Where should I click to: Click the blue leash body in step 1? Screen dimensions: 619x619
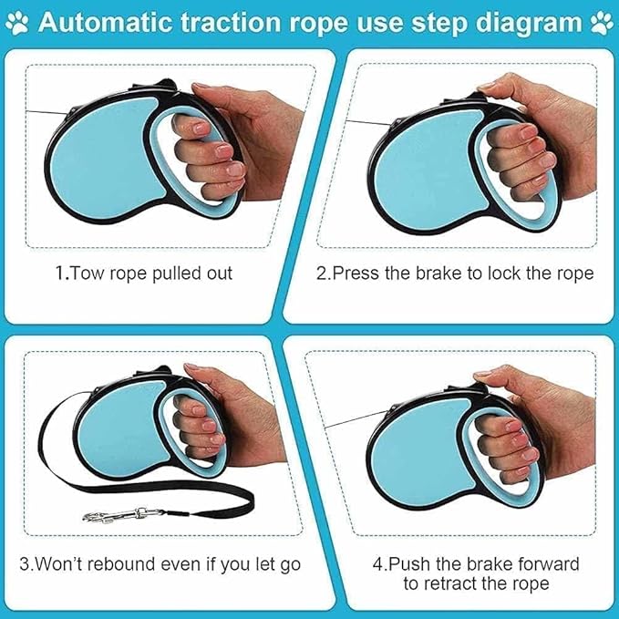(x=100, y=173)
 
